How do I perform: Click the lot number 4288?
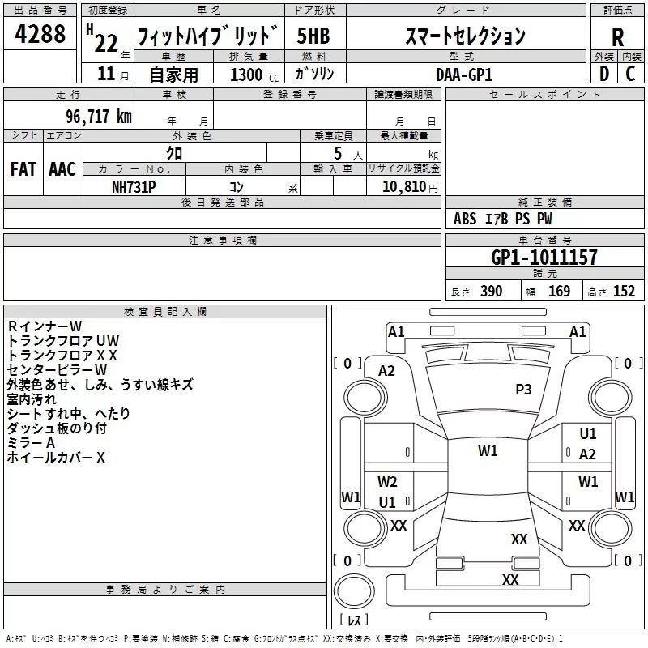pyautogui.click(x=40, y=33)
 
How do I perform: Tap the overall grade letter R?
pyautogui.click(x=617, y=37)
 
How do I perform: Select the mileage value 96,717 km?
pyautogui.click(x=98, y=117)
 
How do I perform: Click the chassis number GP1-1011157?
pyautogui.click(x=544, y=258)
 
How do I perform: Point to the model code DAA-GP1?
pyautogui.click(x=464, y=75)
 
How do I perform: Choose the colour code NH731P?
pyautogui.click(x=134, y=187)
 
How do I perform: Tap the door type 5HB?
pyautogui.click(x=313, y=36)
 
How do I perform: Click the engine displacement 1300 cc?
pyautogui.click(x=254, y=75)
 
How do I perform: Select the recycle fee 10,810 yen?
pyautogui.click(x=410, y=187)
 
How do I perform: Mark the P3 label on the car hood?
pyautogui.click(x=523, y=389)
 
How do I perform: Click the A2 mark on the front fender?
pyautogui.click(x=386, y=371)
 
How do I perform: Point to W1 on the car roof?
pyautogui.click(x=488, y=450)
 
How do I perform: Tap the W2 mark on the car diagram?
pyautogui.click(x=387, y=481)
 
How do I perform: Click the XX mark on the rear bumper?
pyautogui.click(x=510, y=579)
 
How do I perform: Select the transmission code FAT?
pyautogui.click(x=23, y=169)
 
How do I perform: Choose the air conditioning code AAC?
pyautogui.click(x=62, y=169)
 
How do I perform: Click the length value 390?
pyautogui.click(x=491, y=292)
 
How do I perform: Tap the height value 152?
pyautogui.click(x=624, y=292)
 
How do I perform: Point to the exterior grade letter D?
pyautogui.click(x=604, y=74)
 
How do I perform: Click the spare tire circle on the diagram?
pyautogui.click(x=354, y=590)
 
